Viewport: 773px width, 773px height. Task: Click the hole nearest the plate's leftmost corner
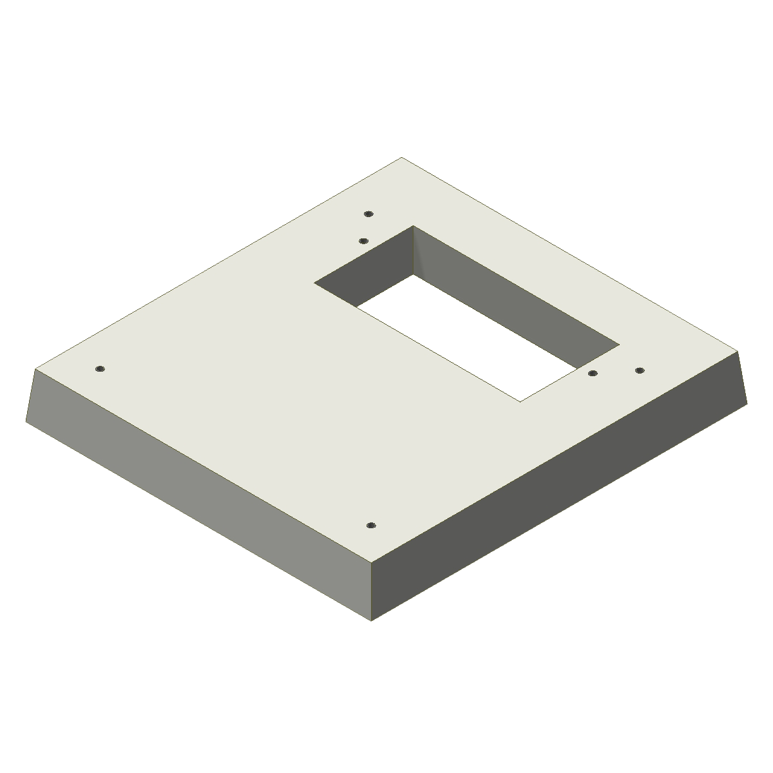[99, 369]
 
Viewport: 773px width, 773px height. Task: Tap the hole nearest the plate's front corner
[370, 526]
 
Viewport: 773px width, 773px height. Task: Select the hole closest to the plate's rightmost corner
[640, 370]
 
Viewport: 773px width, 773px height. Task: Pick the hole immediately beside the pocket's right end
[593, 373]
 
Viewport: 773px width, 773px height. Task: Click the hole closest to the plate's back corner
[368, 213]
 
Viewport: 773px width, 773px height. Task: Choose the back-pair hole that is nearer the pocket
[363, 241]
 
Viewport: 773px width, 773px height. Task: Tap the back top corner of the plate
[401, 157]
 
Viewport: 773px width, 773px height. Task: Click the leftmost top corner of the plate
[36, 368]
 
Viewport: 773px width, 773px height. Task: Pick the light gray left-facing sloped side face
[193, 490]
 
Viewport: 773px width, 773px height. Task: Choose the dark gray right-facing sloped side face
[560, 490]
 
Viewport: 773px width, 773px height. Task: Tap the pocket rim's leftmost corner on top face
[314, 283]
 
